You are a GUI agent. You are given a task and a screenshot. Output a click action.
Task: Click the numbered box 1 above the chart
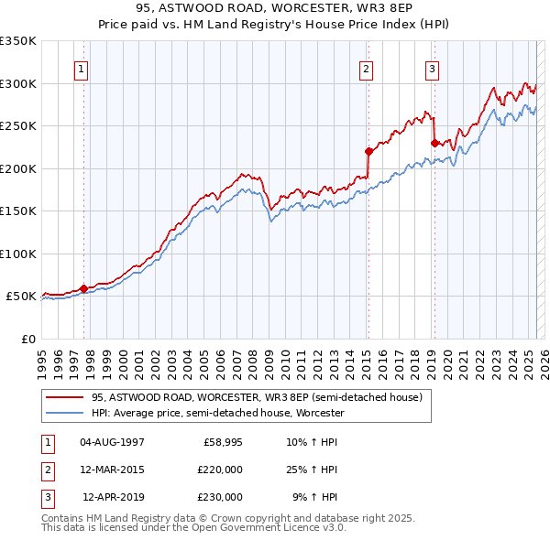pyautogui.click(x=82, y=68)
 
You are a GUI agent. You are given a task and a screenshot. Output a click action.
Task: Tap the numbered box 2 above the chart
pyautogui.click(x=366, y=68)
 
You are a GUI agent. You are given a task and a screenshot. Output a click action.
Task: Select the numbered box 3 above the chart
pyautogui.click(x=432, y=68)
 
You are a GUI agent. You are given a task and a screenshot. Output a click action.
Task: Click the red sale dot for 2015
pyautogui.click(x=368, y=152)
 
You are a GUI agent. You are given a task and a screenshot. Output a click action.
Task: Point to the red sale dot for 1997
pyautogui.click(x=83, y=288)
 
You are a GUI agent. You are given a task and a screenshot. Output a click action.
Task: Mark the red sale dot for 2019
pyautogui.click(x=434, y=143)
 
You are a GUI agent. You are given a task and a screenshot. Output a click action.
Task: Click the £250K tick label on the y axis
pyautogui.click(x=17, y=125)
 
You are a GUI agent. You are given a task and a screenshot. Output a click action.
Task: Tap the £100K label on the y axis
pyautogui.click(x=17, y=254)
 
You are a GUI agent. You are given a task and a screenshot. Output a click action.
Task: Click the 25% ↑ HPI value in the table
pyautogui.click(x=312, y=470)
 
